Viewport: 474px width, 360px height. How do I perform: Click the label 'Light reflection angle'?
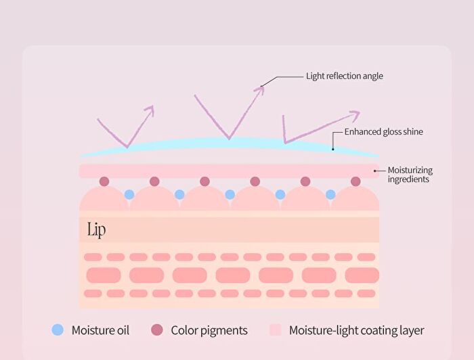coord(344,76)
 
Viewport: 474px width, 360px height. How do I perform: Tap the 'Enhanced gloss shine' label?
coord(384,132)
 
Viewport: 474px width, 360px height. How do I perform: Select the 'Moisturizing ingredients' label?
coord(410,175)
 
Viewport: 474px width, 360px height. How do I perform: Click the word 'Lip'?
coord(96,230)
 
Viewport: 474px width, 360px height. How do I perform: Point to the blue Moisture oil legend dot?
coord(58,330)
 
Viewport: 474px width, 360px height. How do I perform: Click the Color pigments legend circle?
coord(157,330)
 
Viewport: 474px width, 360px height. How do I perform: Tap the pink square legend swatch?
coord(276,330)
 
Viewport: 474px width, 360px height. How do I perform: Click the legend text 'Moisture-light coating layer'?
coord(356,330)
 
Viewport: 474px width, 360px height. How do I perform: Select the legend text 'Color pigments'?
coord(209,330)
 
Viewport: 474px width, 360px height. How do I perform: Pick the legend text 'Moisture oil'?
coord(100,330)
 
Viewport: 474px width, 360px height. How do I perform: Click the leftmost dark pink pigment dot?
coord(104,181)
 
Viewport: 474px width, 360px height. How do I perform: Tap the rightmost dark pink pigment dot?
coord(355,181)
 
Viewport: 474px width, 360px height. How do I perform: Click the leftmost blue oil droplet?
coord(129,194)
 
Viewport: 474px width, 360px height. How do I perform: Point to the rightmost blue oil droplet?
coord(330,194)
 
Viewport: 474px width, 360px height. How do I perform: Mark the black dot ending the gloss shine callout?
coord(333,149)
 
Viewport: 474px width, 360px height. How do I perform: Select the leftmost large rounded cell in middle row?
coord(104,275)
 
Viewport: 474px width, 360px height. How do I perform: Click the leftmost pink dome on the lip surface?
coord(104,200)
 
